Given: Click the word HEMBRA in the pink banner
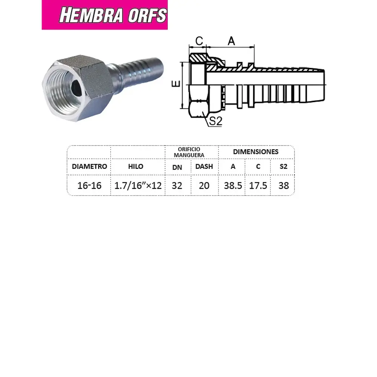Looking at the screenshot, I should click(x=91, y=15).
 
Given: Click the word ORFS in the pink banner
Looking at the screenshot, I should click(x=145, y=15).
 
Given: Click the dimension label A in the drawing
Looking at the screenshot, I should click(x=231, y=41).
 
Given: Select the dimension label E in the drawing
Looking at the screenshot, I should click(x=177, y=84).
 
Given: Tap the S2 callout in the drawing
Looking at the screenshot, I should click(x=215, y=121).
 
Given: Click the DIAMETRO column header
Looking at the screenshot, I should click(x=89, y=166).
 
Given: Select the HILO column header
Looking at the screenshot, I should click(x=138, y=166).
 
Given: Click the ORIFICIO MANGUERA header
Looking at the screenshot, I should click(x=191, y=152).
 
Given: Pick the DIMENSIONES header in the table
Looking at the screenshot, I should click(x=256, y=152).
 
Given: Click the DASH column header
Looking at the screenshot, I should click(x=204, y=166).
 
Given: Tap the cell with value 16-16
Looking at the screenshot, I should click(x=89, y=185).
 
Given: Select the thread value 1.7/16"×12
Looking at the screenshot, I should click(x=138, y=185).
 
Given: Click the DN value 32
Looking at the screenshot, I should click(x=177, y=185).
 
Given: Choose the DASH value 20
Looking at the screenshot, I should click(x=204, y=185).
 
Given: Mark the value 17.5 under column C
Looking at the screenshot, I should click(x=258, y=185).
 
